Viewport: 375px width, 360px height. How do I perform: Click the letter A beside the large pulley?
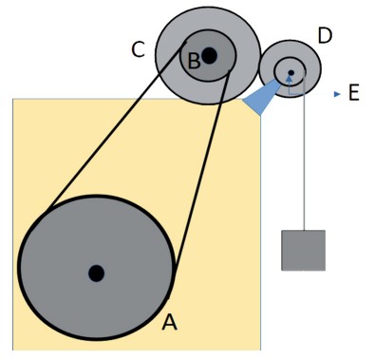[169, 322]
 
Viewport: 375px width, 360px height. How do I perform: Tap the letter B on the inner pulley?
[194, 61]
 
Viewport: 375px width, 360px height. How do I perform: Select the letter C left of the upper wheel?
[139, 49]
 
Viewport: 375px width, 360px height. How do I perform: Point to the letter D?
[325, 35]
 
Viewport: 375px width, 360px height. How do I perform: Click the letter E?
[354, 93]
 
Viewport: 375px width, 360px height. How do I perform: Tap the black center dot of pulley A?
[96, 274]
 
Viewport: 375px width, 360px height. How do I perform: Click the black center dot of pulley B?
[209, 56]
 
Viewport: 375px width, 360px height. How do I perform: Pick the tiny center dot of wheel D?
[291, 73]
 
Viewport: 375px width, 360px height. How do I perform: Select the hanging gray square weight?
[303, 251]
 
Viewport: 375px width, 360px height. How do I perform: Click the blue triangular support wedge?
[261, 98]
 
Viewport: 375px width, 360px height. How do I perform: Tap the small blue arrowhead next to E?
[337, 94]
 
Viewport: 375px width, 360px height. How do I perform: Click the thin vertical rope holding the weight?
[304, 150]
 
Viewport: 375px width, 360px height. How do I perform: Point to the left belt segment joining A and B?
[115, 126]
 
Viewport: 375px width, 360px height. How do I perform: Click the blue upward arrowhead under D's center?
[289, 78]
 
